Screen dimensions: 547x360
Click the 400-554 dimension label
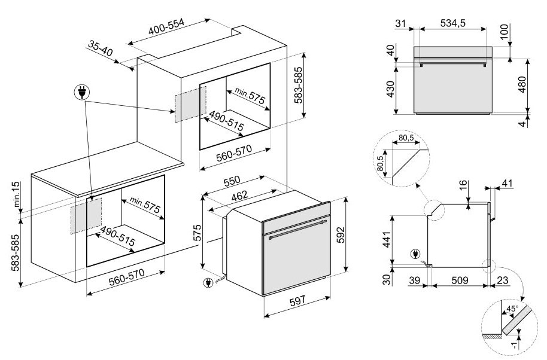166,26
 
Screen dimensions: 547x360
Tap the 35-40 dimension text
100,48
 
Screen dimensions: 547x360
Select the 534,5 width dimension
452,23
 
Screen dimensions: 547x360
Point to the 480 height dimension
522,84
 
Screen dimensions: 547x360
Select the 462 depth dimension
239,196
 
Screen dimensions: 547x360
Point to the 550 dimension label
232,181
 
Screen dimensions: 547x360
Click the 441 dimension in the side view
387,239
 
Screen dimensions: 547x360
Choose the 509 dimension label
460,280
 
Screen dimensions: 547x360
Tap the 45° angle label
512,309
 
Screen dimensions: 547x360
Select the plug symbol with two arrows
82,92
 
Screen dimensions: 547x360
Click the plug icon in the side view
415,254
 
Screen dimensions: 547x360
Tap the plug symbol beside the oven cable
208,283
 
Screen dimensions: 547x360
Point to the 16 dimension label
463,185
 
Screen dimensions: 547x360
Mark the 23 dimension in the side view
503,280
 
